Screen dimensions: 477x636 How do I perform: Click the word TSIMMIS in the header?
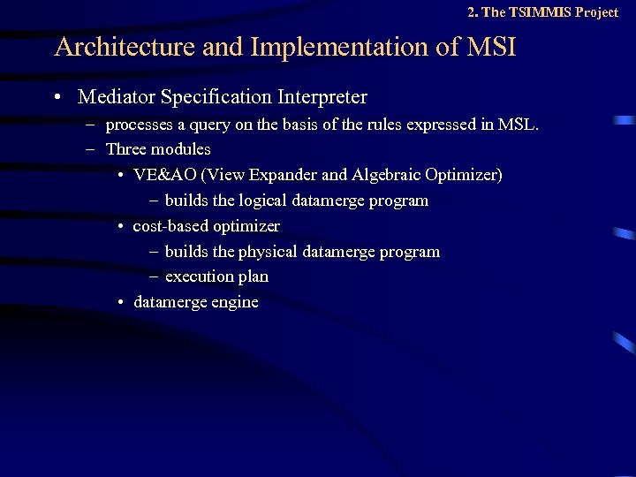539,12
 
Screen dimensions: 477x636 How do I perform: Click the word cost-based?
170,226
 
